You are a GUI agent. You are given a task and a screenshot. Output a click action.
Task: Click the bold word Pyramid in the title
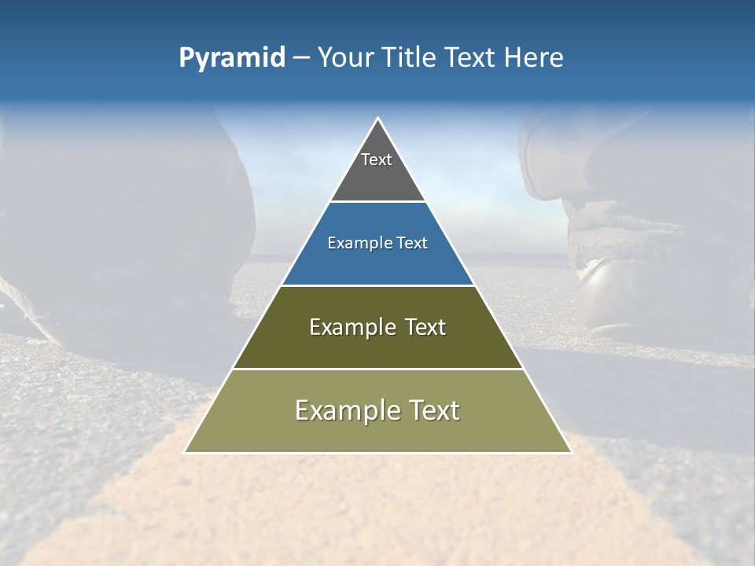pyautogui.click(x=231, y=58)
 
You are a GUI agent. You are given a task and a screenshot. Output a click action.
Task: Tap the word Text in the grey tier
pyautogui.click(x=377, y=160)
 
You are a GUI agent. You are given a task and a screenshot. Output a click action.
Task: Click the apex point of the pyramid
pyautogui.click(x=377, y=119)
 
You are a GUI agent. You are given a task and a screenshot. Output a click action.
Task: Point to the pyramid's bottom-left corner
pyautogui.click(x=186, y=452)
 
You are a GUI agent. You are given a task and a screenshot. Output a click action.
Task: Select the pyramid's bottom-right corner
pyautogui.click(x=570, y=452)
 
